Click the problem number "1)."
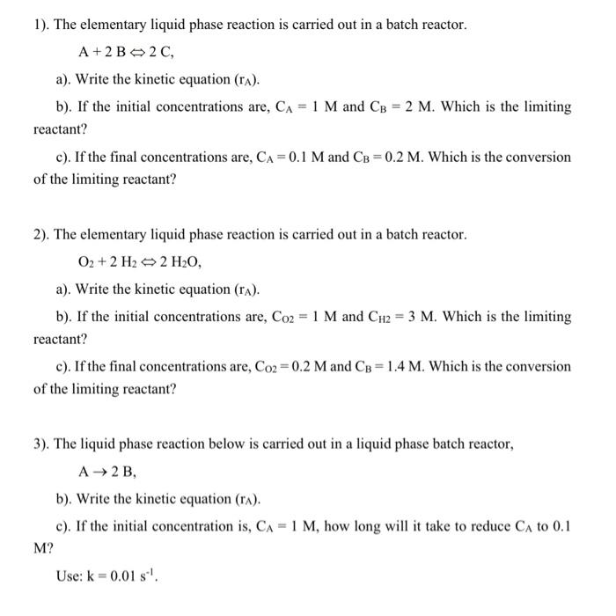click(40, 25)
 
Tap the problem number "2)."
click(40, 235)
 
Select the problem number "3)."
click(40, 445)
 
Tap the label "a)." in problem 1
click(63, 79)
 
